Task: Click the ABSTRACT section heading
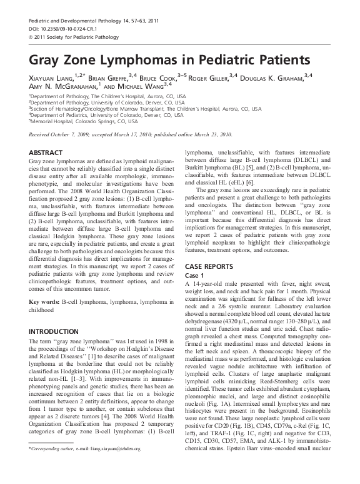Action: click(49, 152)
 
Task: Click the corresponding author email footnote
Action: click(87, 466)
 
